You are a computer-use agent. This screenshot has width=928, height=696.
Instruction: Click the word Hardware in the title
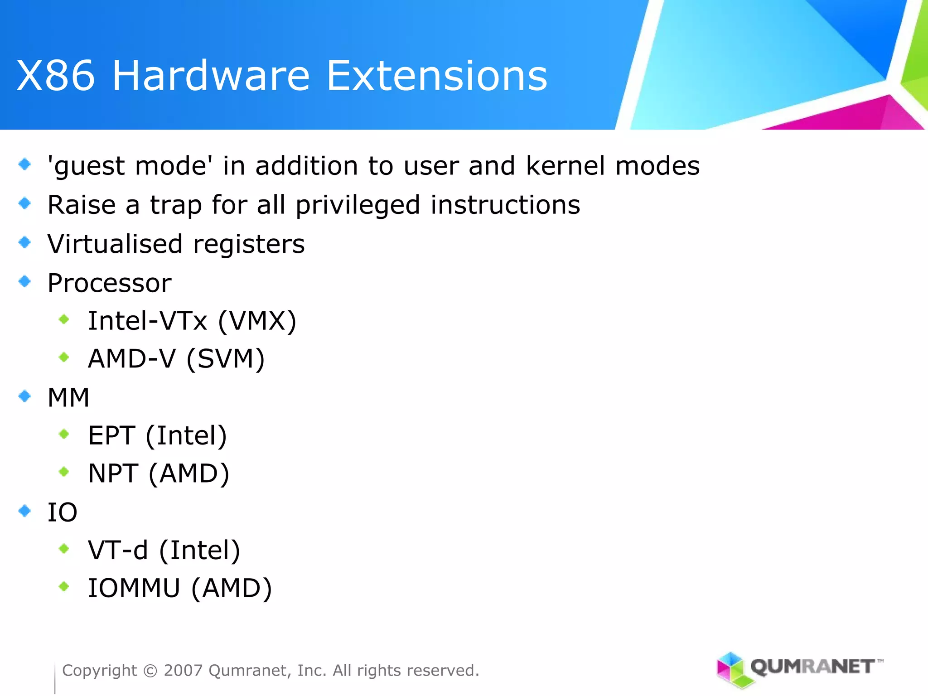click(x=211, y=76)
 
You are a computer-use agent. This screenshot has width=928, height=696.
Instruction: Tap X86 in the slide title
click(x=56, y=76)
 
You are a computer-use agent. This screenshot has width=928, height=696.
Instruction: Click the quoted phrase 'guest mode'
click(x=130, y=166)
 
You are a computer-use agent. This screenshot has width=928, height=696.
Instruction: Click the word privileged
click(x=358, y=205)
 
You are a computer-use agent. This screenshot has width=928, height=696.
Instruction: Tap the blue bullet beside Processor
click(x=25, y=281)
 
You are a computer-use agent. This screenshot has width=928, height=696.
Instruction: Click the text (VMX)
click(x=257, y=321)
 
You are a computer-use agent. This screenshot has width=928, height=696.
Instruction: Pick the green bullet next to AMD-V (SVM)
click(x=64, y=358)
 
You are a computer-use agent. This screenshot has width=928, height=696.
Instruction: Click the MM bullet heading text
click(x=68, y=398)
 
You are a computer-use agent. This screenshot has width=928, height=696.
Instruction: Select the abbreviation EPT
click(x=111, y=436)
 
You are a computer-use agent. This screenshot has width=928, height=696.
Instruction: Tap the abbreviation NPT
click(x=113, y=474)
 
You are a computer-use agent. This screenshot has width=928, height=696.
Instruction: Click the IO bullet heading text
click(x=63, y=512)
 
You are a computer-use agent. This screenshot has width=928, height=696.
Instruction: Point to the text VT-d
click(x=118, y=551)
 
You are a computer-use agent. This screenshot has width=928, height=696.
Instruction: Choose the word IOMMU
click(x=134, y=589)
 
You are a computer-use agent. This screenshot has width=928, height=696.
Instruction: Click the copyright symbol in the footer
click(x=150, y=671)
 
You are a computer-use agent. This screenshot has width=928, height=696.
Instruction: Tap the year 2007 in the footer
click(x=183, y=671)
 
